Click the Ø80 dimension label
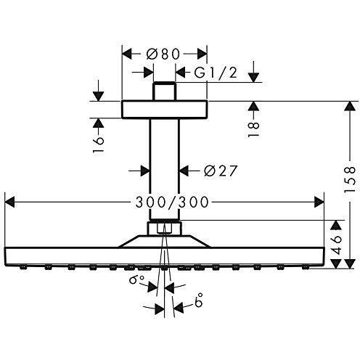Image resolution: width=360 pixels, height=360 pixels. click(x=164, y=54)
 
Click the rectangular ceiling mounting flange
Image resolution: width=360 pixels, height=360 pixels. click(x=164, y=109)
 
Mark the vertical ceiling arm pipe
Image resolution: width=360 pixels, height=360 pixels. click(x=164, y=167)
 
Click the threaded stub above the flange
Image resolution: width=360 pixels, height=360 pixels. click(x=165, y=93)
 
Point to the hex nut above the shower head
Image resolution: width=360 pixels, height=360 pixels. click(x=164, y=229)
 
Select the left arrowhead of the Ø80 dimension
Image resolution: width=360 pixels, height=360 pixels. click(x=126, y=54)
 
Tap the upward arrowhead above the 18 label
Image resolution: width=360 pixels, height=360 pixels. click(x=253, y=107)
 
